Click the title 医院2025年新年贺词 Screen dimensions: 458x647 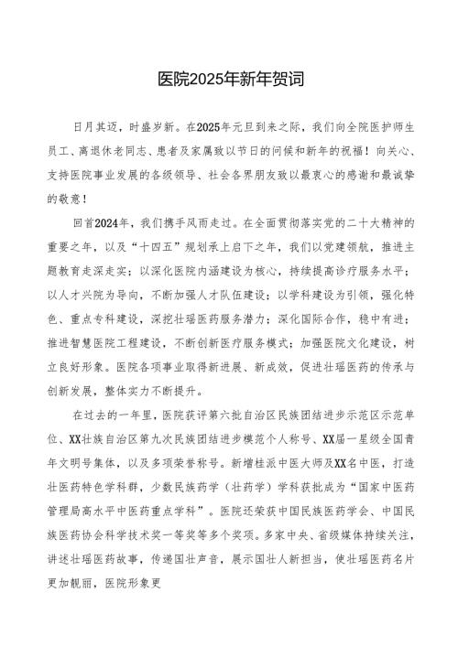click(229, 80)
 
